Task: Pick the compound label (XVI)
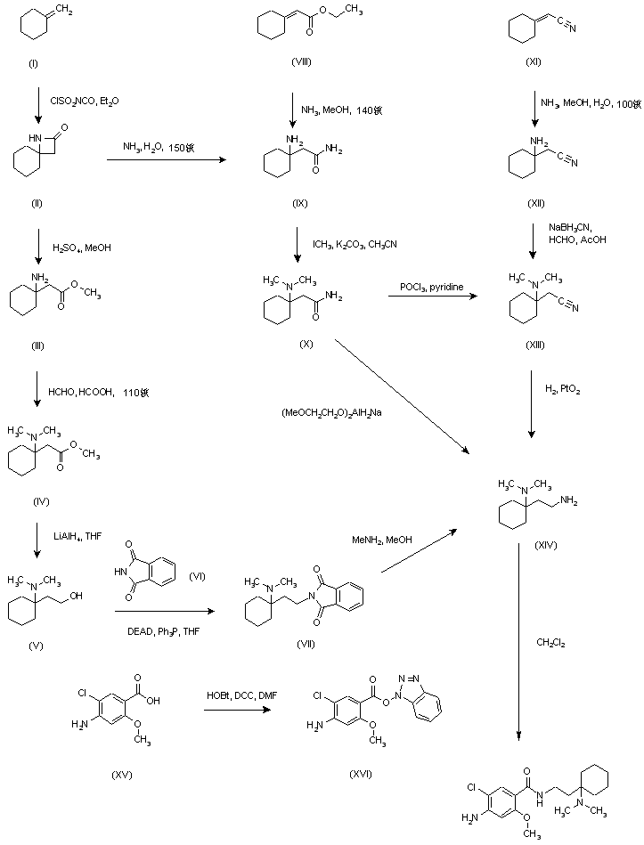[359, 773]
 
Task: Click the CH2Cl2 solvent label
[550, 641]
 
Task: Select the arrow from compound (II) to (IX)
[164, 160]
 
